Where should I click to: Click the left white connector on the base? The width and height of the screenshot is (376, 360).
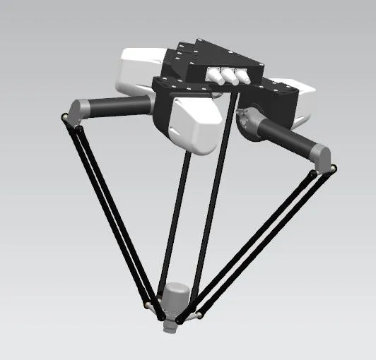coord(213,76)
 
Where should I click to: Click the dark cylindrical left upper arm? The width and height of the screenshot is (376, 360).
coord(120,105)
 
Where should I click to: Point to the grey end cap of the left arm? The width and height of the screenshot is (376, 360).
coord(77,109)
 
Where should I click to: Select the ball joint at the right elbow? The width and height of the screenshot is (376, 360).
coord(332,168)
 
